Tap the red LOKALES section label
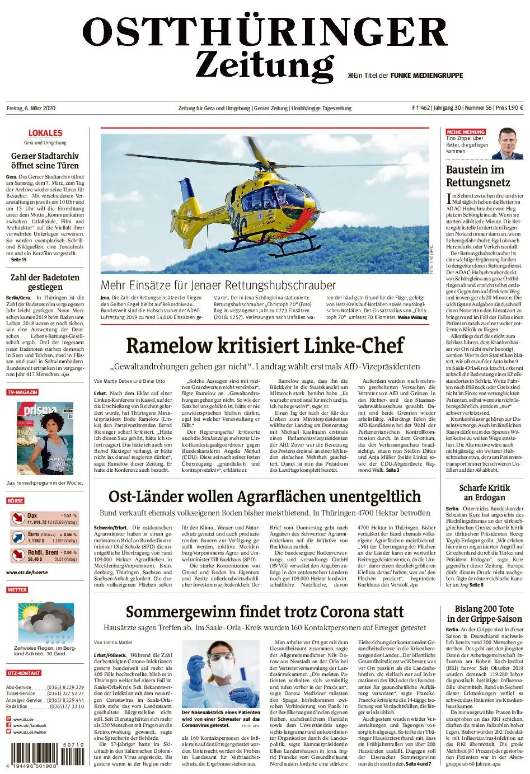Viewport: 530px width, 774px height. click(45, 133)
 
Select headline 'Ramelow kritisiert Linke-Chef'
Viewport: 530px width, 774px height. click(265, 345)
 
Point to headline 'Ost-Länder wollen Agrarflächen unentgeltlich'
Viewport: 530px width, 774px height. click(265, 496)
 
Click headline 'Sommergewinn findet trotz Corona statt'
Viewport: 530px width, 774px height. click(265, 611)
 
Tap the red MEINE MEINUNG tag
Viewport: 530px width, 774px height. click(466, 132)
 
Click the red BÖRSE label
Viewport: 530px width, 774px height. click(16, 500)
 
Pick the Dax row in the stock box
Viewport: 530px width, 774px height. click(45, 518)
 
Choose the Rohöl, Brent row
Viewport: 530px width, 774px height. click(45, 555)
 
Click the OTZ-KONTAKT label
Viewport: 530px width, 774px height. click(24, 673)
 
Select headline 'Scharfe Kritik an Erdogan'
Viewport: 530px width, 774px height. click(484, 492)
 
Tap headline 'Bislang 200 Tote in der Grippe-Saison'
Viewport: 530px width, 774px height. click(484, 613)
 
